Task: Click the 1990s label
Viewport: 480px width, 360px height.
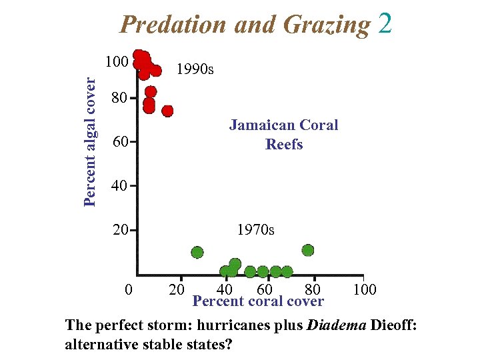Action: click(x=193, y=69)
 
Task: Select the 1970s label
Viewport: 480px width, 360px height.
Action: click(x=255, y=230)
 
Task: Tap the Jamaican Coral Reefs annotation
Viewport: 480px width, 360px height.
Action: click(x=284, y=135)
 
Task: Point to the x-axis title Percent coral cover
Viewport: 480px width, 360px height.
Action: click(x=258, y=301)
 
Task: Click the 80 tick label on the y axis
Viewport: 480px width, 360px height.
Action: click(x=119, y=99)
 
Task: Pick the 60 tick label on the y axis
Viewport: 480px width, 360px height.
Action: click(x=119, y=142)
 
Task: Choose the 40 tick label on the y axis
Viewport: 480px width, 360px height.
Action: click(x=119, y=186)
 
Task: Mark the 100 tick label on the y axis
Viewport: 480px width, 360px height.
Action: click(x=117, y=62)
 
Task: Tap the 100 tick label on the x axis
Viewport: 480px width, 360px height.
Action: click(x=365, y=289)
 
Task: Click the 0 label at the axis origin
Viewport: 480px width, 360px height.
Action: click(x=129, y=289)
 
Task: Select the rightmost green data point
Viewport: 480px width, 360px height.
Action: click(x=307, y=250)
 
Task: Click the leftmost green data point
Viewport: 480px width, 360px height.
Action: click(x=197, y=252)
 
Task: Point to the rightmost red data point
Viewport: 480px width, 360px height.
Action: click(x=167, y=111)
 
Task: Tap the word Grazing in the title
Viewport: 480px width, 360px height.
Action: click(x=327, y=25)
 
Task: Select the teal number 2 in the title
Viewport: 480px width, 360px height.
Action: click(x=385, y=24)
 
